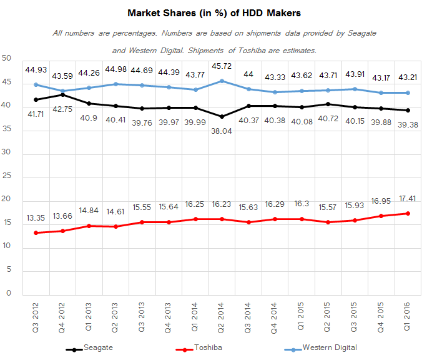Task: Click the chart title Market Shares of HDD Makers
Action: pyautogui.click(x=211, y=12)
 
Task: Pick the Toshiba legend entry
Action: pyautogui.click(x=208, y=347)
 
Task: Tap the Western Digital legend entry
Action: pyautogui.click(x=330, y=347)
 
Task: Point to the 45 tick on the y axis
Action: pyautogui.click(x=7, y=82)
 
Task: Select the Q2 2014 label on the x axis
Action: pyautogui.click(x=222, y=315)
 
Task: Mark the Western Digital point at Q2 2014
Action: pyautogui.click(x=222, y=81)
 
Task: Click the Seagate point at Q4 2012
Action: pyautogui.click(x=61, y=94)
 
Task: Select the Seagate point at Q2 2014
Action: pyautogui.click(x=222, y=117)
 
